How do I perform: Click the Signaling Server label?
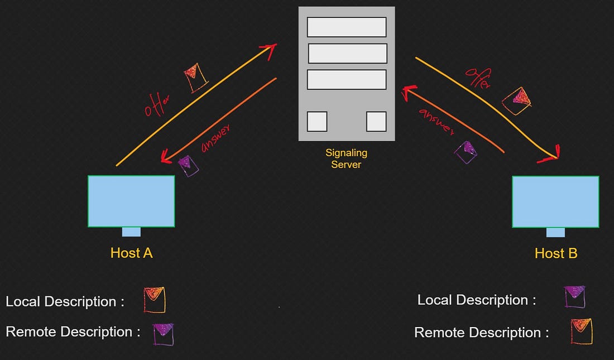(346, 158)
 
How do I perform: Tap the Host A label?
(131, 253)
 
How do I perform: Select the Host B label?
(556, 253)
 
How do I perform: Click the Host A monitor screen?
(131, 201)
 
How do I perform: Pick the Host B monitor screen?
(555, 201)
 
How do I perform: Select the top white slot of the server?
(347, 27)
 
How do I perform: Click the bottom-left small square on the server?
(317, 121)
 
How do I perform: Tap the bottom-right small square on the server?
(376, 121)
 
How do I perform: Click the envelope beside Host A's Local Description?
(155, 300)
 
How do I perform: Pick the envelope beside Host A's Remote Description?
(163, 334)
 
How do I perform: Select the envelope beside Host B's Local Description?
(574, 296)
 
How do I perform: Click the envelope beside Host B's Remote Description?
(581, 331)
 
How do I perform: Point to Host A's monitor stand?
(131, 232)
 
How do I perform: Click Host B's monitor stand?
(555, 232)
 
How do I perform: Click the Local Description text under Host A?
(65, 301)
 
